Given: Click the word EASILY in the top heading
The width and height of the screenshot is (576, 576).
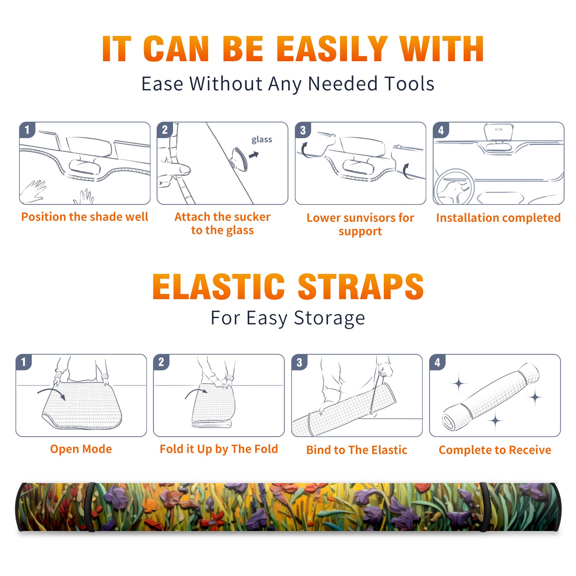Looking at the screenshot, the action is point(332,49).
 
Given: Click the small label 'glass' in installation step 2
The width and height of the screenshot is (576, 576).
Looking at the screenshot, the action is point(262,140).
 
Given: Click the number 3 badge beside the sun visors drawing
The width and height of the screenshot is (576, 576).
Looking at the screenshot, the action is point(303,130).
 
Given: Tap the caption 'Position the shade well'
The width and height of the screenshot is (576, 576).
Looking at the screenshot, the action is point(85,217).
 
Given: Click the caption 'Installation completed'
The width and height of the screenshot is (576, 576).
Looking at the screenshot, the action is point(498,218).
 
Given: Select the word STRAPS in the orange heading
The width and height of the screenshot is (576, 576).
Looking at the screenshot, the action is point(361,287).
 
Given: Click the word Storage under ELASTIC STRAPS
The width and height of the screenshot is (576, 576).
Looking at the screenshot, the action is point(329,318).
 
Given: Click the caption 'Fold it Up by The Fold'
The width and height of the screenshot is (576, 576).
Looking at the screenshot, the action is point(219,449).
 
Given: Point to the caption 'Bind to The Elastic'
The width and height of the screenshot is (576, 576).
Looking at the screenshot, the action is point(357,450).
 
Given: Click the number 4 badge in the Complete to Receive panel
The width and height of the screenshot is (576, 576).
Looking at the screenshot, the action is point(437,363).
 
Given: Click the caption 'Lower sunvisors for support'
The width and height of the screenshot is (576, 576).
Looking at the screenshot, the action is point(360,224).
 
